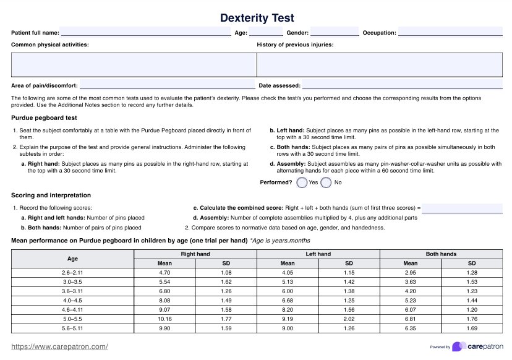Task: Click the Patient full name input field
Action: point(145,33)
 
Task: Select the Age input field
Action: point(266,33)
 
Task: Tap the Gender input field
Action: point(334,33)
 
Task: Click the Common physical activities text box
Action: point(134,64)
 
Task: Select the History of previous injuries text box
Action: point(380,64)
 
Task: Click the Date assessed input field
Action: point(402,85)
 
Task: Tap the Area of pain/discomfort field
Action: point(167,85)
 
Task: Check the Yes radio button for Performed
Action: point(302,182)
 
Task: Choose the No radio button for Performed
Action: point(326,182)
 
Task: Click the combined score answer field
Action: point(462,208)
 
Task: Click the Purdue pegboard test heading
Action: point(44,118)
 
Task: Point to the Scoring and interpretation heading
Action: point(51,195)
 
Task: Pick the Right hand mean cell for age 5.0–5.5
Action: point(164,319)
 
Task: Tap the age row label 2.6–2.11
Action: point(73,272)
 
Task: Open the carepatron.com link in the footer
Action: point(60,346)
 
